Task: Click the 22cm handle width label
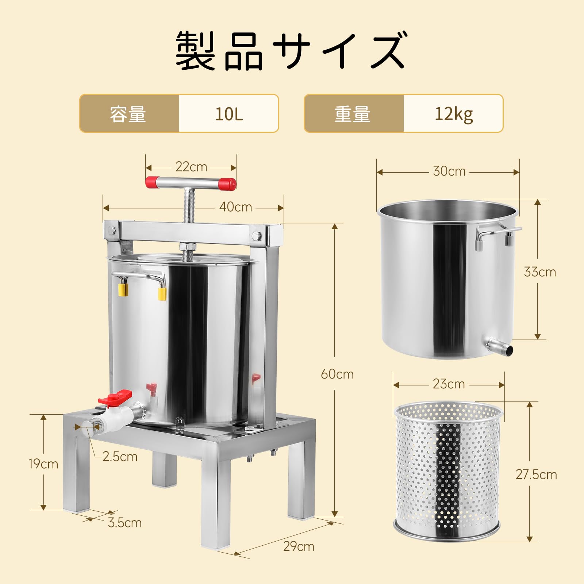coord(191,167)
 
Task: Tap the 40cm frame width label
coord(235,207)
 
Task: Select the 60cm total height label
coord(337,374)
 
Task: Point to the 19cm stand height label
coord(43,464)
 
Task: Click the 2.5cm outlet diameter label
coord(120,457)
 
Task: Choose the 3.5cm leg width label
coord(124,523)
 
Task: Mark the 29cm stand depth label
coord(299,546)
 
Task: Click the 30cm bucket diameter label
coord(449,171)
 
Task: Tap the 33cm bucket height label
coord(540,272)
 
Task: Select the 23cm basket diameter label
coord(449,384)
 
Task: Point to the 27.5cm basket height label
coord(536,474)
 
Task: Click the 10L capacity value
coord(229,114)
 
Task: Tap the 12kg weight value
coord(453,114)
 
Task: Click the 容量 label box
coord(129,114)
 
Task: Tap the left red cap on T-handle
coord(151,182)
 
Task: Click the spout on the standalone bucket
coord(500,347)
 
